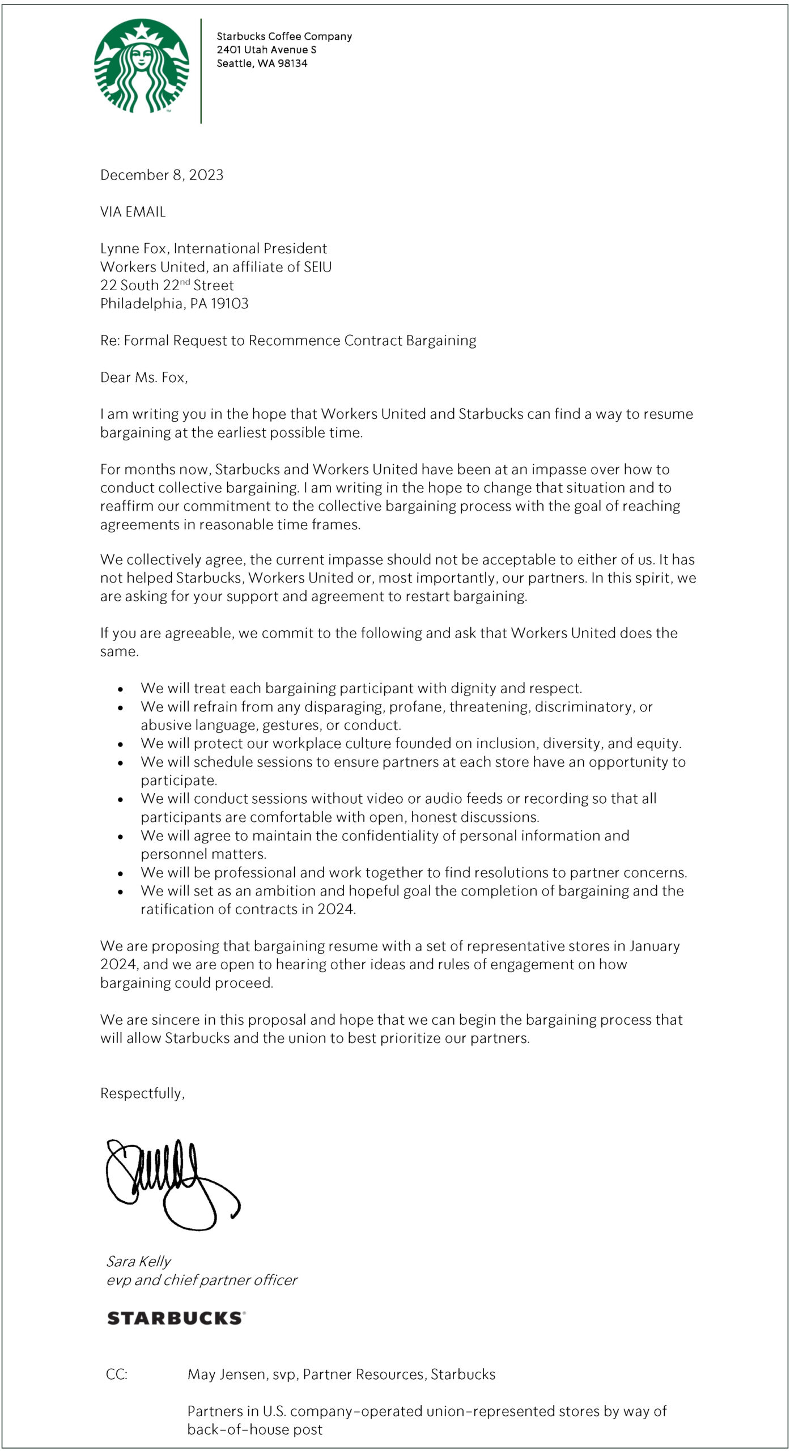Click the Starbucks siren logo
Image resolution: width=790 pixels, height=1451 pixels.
coord(142,66)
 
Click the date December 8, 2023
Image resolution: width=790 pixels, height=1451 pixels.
coord(162,175)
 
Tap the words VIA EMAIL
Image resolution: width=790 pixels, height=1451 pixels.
coord(133,212)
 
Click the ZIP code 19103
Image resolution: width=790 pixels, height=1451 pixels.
coord(230,304)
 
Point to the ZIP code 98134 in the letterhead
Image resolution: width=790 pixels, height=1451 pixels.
coord(292,63)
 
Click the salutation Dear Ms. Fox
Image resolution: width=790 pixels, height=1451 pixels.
coord(143,377)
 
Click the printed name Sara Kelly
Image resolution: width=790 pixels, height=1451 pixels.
coord(138,1261)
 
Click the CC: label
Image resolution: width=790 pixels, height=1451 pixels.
coord(117,1374)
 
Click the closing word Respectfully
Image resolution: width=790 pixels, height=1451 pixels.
coord(142,1093)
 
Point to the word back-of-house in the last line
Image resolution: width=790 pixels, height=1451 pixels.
coord(223,1429)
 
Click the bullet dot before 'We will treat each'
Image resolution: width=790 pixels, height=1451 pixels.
coord(121,690)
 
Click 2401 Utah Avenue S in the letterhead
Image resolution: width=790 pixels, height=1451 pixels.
coord(266,50)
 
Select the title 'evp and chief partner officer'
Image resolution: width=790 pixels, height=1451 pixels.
coord(201,1280)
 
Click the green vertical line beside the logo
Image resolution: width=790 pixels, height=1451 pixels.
coord(201,71)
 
